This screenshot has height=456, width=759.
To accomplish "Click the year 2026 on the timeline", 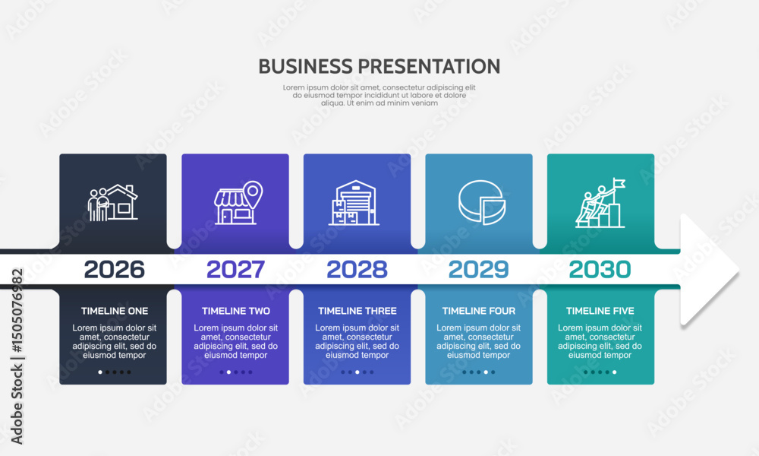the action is click(x=115, y=270).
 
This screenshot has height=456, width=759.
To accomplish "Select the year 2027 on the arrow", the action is click(x=236, y=270).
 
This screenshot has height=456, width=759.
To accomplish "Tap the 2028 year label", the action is click(x=357, y=270).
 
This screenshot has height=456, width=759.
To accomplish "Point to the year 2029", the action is click(x=479, y=270).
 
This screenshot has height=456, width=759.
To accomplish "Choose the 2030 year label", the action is click(x=600, y=270).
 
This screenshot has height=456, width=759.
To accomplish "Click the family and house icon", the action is click(x=113, y=203).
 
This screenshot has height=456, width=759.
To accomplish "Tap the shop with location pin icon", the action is click(x=238, y=203).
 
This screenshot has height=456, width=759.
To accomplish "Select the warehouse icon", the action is click(x=354, y=203).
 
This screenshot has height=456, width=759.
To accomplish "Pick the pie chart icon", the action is click(x=482, y=203).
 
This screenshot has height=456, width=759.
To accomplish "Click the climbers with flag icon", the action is click(x=600, y=203).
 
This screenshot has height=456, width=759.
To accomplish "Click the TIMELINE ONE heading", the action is click(x=115, y=311).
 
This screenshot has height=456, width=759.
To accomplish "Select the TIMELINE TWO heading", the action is click(x=236, y=311).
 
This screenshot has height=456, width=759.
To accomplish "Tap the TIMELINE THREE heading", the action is click(x=357, y=311).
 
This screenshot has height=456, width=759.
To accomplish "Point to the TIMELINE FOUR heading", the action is click(x=479, y=311).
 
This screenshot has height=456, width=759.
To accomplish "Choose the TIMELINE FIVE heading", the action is click(x=600, y=311).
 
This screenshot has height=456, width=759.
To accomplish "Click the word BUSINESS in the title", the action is click(x=305, y=66).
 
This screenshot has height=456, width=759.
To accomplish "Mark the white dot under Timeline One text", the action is click(x=100, y=372).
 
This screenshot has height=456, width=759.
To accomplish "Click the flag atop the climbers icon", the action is click(x=619, y=183).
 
